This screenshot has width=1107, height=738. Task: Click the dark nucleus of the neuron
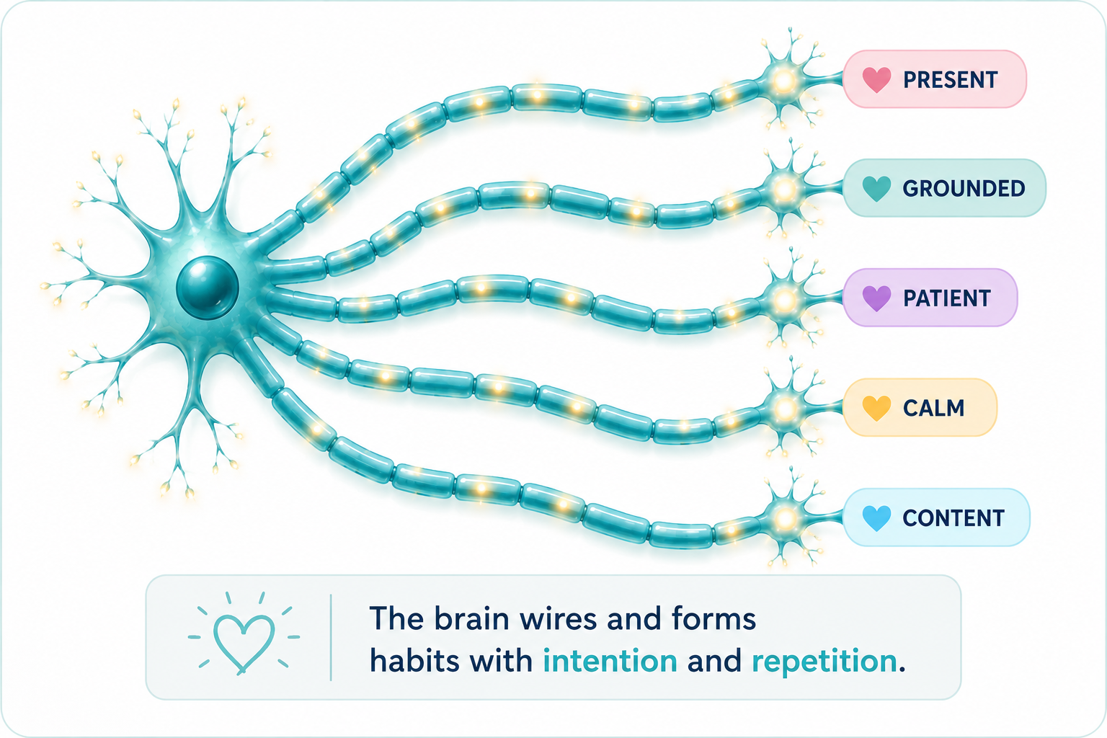[x=208, y=288]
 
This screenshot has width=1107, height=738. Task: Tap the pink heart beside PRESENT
[x=876, y=79]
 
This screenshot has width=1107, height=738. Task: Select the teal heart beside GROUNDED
[x=876, y=189]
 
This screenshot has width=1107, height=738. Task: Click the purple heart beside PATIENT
[x=876, y=298]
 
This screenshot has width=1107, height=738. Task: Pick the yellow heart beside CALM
[x=876, y=409]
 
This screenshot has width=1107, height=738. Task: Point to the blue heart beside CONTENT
[x=876, y=518]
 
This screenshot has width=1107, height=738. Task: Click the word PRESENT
[x=951, y=79]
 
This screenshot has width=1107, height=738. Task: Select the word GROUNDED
[x=964, y=189]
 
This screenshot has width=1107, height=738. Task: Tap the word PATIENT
[x=947, y=298]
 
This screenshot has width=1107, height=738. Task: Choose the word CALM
[x=933, y=409]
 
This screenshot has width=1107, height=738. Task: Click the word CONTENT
[x=953, y=518]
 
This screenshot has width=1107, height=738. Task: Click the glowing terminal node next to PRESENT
[x=784, y=80]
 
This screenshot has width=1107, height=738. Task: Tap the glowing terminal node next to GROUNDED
[x=784, y=189]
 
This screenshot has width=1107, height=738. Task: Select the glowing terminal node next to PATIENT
[x=784, y=299]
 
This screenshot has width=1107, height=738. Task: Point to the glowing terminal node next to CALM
[x=784, y=409]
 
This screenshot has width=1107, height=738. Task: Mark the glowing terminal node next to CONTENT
[x=784, y=518]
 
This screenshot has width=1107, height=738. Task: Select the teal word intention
[x=610, y=660]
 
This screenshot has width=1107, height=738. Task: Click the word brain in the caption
[x=471, y=618]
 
